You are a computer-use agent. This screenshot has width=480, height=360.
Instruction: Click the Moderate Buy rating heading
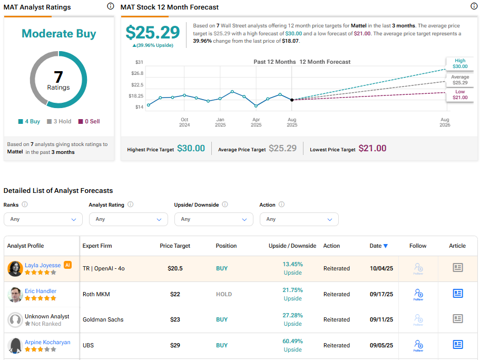click(58, 34)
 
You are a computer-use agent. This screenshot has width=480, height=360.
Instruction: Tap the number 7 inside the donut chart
click(58, 77)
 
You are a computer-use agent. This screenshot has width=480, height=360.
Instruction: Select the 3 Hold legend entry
click(58, 121)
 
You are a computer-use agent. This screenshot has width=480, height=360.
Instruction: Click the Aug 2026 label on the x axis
click(445, 122)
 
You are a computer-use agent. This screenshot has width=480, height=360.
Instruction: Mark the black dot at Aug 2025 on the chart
click(292, 100)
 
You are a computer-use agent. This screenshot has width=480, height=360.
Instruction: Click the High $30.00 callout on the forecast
click(460, 63)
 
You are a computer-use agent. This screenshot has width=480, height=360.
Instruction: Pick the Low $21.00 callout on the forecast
click(460, 95)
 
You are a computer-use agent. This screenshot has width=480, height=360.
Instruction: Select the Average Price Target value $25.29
click(282, 149)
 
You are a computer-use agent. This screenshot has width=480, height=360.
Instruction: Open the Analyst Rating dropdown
click(128, 219)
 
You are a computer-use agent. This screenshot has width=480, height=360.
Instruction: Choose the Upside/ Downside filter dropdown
click(213, 219)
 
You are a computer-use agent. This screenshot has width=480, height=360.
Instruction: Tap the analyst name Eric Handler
click(41, 291)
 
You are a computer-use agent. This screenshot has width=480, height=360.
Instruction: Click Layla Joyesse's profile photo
click(15, 268)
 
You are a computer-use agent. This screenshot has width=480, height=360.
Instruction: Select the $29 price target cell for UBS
click(175, 345)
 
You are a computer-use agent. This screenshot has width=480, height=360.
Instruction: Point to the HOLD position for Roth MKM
click(224, 294)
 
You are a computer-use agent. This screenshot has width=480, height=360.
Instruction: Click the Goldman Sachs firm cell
click(101, 319)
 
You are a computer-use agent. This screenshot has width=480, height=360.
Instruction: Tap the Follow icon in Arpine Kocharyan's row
click(418, 345)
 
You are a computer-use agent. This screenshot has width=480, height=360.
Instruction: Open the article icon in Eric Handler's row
click(457, 294)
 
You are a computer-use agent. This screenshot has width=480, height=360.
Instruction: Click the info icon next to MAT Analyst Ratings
click(110, 6)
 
